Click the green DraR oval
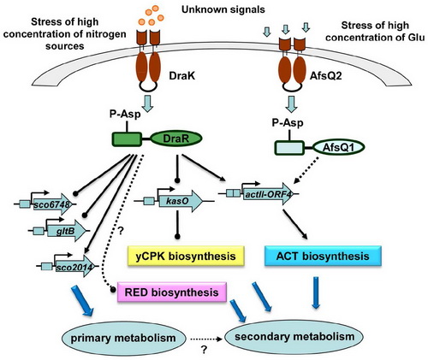(x=176, y=139)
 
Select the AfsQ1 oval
(x=338, y=148)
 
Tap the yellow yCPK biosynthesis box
(x=186, y=256)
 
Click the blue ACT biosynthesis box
(x=323, y=256)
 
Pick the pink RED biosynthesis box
(x=172, y=292)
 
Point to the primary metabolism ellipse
(x=123, y=339)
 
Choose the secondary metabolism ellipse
(x=294, y=337)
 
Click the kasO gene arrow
(x=181, y=201)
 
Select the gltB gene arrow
(x=67, y=230)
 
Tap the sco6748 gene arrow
(x=52, y=204)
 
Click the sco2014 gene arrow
(x=75, y=266)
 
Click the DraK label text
(x=182, y=76)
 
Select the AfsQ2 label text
(x=326, y=76)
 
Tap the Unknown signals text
(x=223, y=9)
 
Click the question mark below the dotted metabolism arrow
(x=204, y=350)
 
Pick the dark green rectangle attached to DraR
(x=127, y=139)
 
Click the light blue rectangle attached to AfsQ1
(x=289, y=148)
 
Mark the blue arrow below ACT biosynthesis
(x=316, y=292)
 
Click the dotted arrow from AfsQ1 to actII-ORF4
(x=306, y=170)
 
